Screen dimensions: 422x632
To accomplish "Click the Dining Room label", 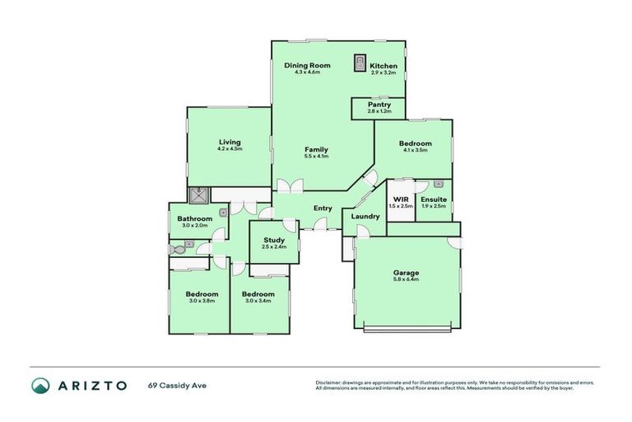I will pyautogui.click(x=306, y=65).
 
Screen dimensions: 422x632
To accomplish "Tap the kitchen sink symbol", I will pyautogui.click(x=360, y=63).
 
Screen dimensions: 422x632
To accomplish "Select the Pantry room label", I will pyautogui.click(x=379, y=105).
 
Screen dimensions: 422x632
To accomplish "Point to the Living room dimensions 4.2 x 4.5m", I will pyautogui.click(x=230, y=149).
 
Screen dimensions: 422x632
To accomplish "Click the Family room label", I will pyautogui.click(x=316, y=149).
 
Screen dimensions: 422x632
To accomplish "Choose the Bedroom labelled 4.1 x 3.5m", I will pyautogui.click(x=416, y=143).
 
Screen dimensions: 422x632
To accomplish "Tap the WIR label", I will pyautogui.click(x=401, y=199).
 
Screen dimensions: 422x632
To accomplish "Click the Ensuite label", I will pyautogui.click(x=433, y=199).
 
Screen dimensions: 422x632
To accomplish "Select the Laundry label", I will pyautogui.click(x=365, y=217).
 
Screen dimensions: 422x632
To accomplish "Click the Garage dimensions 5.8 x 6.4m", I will pyautogui.click(x=406, y=280).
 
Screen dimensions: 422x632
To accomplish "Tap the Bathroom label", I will pyautogui.click(x=195, y=218).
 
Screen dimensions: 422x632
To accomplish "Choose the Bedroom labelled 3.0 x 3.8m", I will pyautogui.click(x=202, y=294).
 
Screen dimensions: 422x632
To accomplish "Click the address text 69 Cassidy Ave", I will pyautogui.click(x=176, y=385).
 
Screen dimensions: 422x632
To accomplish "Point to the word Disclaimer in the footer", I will pyautogui.click(x=329, y=382).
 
